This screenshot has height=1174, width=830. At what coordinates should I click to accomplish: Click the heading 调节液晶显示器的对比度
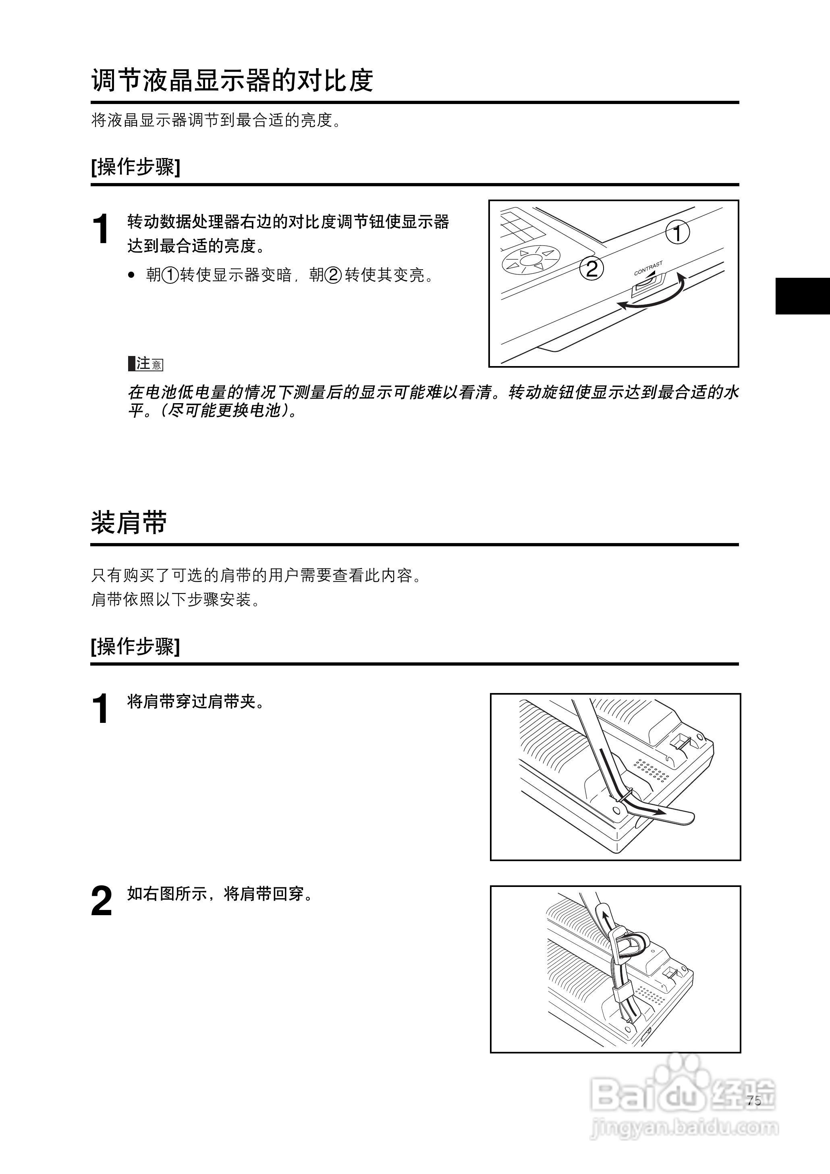tap(232, 80)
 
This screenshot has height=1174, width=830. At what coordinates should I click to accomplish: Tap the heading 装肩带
tap(129, 522)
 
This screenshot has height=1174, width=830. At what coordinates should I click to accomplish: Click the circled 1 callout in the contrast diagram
tap(677, 233)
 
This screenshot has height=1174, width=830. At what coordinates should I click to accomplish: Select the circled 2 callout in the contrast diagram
tap(591, 269)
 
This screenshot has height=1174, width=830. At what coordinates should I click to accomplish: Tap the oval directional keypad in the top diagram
tap(531, 260)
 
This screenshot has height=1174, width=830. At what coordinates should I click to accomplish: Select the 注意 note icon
tap(146, 364)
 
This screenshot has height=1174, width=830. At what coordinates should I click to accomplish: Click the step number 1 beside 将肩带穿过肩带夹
tap(101, 709)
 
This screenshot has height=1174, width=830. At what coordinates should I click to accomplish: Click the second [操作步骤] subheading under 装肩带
tap(135, 646)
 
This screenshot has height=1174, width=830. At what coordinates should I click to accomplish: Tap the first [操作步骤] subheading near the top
tap(135, 167)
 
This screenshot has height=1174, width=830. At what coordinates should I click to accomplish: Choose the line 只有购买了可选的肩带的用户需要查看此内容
tap(257, 576)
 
